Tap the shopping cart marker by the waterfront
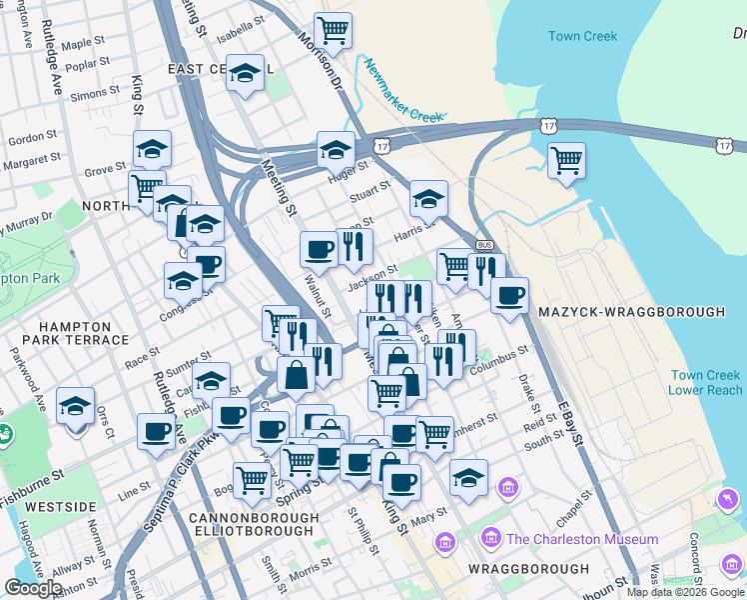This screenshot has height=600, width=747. (566, 160)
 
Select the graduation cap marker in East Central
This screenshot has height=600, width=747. (245, 73)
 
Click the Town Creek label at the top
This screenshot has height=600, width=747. (582, 37)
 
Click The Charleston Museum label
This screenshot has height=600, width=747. (582, 539)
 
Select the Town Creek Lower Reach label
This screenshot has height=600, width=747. (705, 382)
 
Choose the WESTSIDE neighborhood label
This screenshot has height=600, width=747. (60, 507)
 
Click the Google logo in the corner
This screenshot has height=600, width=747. (32, 588)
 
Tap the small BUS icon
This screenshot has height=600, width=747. (485, 245)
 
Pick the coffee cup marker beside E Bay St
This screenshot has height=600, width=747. (510, 295)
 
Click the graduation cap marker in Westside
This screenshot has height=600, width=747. (76, 405)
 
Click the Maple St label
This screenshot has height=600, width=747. (83, 43)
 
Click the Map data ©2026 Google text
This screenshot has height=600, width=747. (686, 592)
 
